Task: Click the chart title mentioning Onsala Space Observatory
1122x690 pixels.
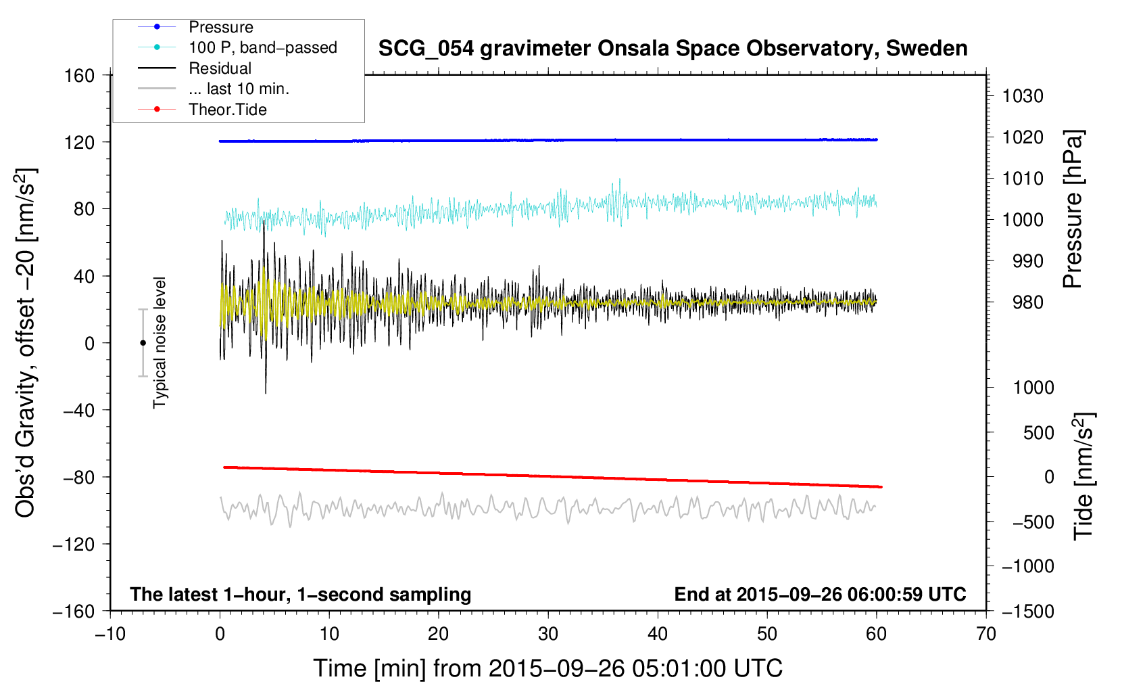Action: point(673,49)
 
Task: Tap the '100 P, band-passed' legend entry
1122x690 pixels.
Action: point(237,47)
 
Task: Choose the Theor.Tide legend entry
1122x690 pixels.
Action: point(202,110)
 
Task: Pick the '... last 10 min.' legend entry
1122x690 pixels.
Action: point(214,89)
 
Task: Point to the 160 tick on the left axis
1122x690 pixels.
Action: point(80,76)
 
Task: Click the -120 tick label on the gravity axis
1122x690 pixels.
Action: point(74,544)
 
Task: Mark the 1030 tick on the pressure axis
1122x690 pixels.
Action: point(1023,96)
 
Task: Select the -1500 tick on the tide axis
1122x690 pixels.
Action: point(1028,612)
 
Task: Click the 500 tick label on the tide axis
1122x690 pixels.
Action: point(1038,432)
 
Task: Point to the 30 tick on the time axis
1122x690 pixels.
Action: point(548,635)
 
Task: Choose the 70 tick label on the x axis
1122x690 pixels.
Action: point(986,635)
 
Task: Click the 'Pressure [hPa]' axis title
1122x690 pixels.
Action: point(1073,209)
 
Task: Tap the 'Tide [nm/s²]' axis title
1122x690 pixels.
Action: point(1084,476)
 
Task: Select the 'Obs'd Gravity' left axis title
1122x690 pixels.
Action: point(25,344)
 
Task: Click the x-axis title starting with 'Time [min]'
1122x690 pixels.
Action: point(548,669)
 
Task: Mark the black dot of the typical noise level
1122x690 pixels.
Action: point(143,343)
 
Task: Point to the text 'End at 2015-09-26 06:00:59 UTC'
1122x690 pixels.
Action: point(820,594)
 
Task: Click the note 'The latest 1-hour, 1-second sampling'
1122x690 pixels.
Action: point(301,595)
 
